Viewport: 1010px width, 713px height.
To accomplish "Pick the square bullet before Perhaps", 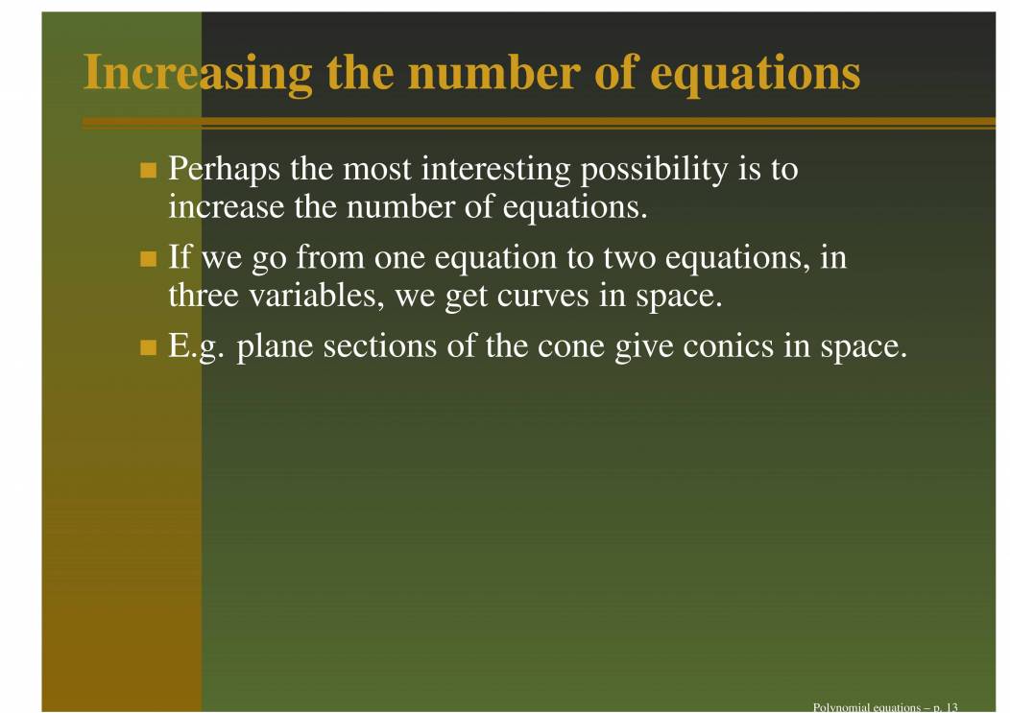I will tap(148, 172).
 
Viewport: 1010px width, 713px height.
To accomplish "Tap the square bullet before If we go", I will tap(148, 259).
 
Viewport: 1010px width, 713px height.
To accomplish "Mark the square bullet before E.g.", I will tap(148, 347).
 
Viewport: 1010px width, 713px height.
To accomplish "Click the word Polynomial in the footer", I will tap(839, 707).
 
